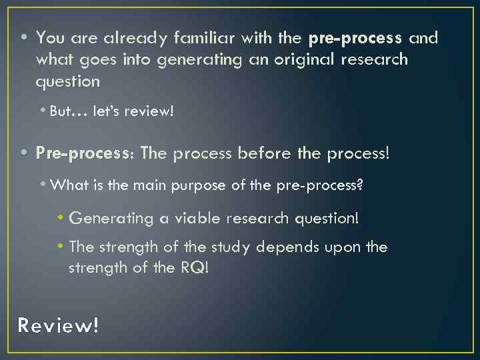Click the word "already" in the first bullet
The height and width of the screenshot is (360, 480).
tap(117, 38)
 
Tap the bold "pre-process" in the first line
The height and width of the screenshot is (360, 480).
tap(355, 38)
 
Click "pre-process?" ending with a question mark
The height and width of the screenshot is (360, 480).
tap(320, 185)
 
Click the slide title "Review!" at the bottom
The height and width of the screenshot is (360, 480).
tap(58, 325)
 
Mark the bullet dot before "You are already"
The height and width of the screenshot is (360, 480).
tap(24, 38)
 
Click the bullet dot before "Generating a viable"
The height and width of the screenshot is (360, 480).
tap(61, 217)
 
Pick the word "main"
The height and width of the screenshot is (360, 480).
tap(150, 185)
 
